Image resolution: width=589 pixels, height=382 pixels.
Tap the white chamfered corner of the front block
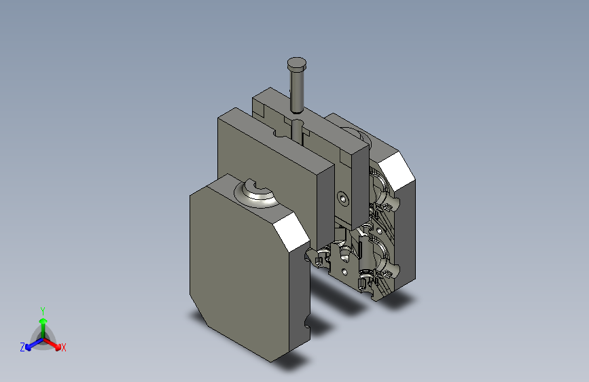pyautogui.click(x=291, y=232)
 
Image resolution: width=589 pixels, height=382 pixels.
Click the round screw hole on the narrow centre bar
pyautogui.click(x=342, y=198)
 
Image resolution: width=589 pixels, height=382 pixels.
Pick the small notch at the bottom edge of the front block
pyautogui.click(x=307, y=323)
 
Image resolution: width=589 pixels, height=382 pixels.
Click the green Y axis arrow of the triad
pyautogui.click(x=43, y=328)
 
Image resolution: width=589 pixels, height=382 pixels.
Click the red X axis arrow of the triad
pyautogui.click(x=52, y=343)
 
